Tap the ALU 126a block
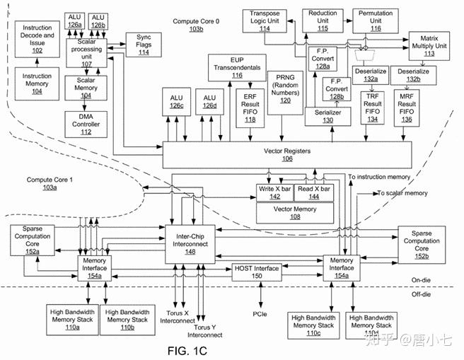tap(75, 21)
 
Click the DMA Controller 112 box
tap(86, 124)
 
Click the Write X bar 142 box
tap(274, 193)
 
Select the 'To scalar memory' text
tap(402, 192)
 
